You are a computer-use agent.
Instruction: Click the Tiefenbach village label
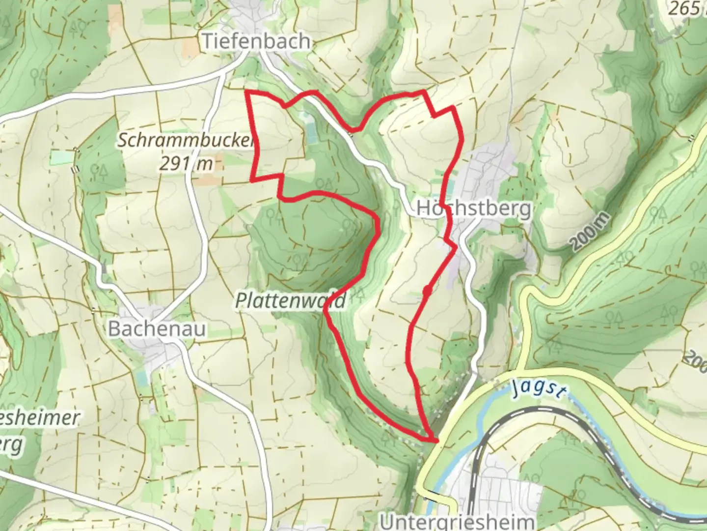pos(256,41)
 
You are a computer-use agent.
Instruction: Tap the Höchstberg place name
pos(473,208)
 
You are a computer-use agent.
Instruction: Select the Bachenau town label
pos(157,328)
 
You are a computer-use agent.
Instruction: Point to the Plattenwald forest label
pos(291,300)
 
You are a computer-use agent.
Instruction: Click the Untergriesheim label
pos(457,522)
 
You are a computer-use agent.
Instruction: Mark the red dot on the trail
pos(427,292)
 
